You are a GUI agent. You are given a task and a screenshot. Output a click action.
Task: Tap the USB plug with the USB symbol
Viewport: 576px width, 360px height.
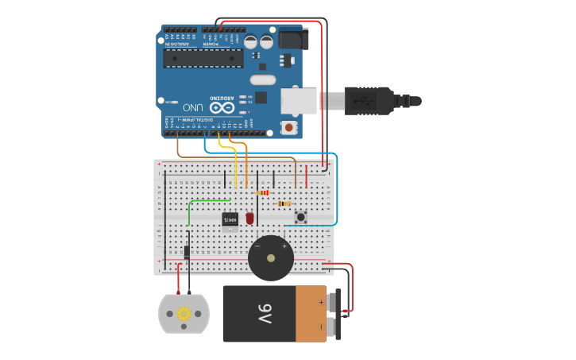pos(367,101)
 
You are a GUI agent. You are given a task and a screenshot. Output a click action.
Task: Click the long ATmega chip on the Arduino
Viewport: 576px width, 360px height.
pos(203,58)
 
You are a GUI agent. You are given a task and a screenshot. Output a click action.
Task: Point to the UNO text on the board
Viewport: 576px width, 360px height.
pos(192,106)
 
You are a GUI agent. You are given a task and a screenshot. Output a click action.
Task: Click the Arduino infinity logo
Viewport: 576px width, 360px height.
pos(222,106)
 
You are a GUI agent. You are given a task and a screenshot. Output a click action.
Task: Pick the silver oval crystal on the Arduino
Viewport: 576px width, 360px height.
pos(262,79)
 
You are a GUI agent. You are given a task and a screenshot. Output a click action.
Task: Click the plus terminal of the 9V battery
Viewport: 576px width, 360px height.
pos(321,302)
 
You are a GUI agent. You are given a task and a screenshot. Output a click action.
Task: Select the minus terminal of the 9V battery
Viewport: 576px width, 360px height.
pos(321,326)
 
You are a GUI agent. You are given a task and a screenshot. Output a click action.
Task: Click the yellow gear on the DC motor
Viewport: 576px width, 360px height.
pos(184,314)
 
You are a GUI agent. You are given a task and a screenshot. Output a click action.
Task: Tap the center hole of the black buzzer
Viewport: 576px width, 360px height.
pos(271,257)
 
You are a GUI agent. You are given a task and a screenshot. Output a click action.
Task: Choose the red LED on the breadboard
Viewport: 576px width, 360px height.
pos(249,218)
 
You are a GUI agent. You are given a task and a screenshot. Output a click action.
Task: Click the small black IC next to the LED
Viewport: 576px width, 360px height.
pos(230,219)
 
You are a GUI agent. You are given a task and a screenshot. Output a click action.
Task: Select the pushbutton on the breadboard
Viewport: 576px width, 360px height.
pos(301,216)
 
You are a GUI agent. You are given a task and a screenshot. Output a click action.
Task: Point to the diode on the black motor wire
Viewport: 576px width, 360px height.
pos(187,252)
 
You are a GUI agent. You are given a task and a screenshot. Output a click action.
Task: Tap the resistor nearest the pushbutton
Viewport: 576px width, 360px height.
pos(283,203)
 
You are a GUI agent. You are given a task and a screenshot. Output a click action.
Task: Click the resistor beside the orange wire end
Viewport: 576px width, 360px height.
pos(263,192)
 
